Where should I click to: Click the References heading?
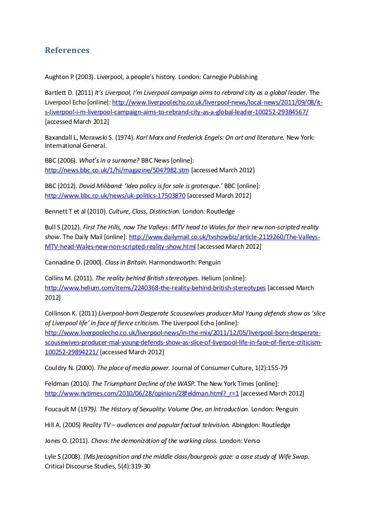67,50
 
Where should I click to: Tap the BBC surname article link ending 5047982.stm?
117,169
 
